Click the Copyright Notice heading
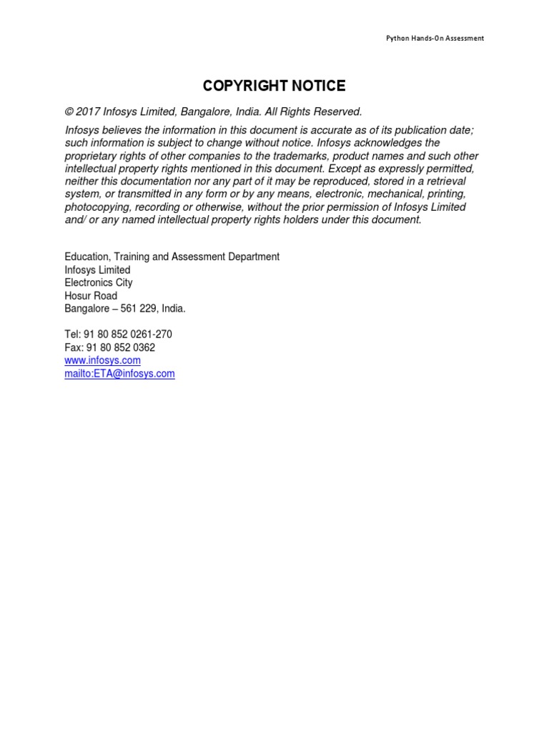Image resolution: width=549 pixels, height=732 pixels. click(x=274, y=86)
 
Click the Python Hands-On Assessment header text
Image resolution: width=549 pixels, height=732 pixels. click(x=435, y=38)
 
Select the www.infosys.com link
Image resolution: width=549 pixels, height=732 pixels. click(x=102, y=360)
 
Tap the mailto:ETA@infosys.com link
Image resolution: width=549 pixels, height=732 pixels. click(x=119, y=373)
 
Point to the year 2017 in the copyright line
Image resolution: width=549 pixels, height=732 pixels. click(x=87, y=112)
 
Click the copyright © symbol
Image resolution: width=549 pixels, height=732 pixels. click(x=69, y=112)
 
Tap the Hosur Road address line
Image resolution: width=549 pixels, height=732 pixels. click(x=91, y=296)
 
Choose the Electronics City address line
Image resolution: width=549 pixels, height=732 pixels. click(x=98, y=283)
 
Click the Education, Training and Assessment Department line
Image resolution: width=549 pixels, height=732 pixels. click(x=172, y=257)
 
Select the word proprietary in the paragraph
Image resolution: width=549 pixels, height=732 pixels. click(x=92, y=156)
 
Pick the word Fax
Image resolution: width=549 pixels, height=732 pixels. click(x=74, y=347)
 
